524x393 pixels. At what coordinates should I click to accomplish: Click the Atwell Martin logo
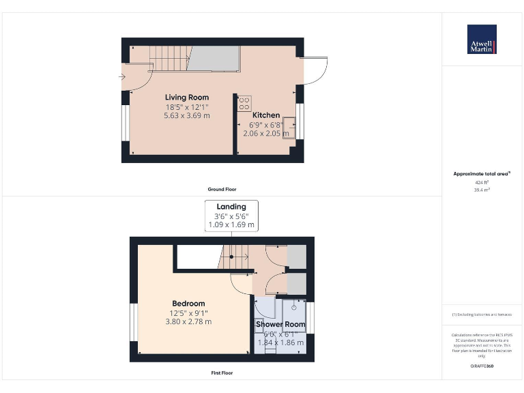pos(482,40)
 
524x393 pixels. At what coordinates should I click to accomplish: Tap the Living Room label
pos(187,98)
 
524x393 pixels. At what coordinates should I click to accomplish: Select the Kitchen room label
pos(266,115)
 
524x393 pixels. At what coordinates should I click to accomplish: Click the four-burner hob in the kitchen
pos(244,104)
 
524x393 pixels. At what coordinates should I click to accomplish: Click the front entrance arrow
pos(121,77)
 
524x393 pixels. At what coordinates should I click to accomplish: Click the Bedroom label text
pos(188,304)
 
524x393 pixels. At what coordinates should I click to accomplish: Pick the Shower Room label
pos(280,324)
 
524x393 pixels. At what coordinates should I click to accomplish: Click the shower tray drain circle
pos(295,308)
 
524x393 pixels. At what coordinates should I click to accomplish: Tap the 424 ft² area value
pos(482,183)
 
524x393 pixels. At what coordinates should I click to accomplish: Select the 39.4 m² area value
pos(482,190)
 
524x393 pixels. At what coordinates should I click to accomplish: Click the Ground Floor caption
pos(222,189)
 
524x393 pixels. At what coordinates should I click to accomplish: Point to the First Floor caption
pos(222,373)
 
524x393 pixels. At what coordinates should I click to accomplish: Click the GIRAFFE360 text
pos(482,366)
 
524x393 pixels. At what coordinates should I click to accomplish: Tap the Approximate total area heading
pos(481,174)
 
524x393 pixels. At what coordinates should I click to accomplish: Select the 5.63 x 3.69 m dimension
pos(187,116)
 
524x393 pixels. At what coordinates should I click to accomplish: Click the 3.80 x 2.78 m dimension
pos(188,321)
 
